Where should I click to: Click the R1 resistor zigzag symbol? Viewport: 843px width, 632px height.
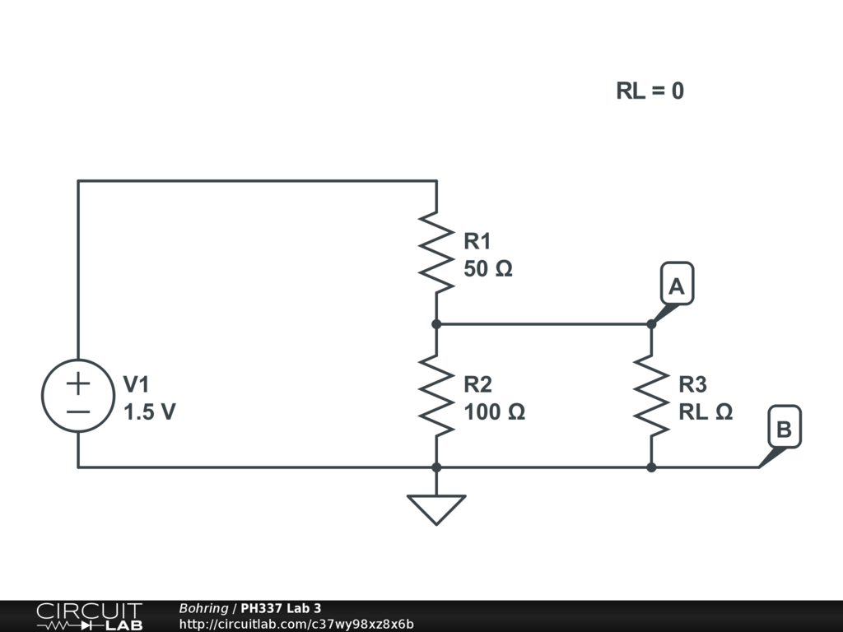coord(436,253)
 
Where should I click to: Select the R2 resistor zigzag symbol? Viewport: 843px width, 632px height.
coord(436,396)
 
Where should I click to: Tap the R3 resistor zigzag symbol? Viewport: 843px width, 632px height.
coord(652,396)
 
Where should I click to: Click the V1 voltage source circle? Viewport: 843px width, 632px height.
coord(78,396)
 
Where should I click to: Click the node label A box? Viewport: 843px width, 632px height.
coord(677,284)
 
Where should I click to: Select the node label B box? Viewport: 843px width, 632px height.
coord(785,427)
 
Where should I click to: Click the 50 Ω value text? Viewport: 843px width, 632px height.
coord(488,269)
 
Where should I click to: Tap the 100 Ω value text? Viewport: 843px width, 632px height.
coord(494,412)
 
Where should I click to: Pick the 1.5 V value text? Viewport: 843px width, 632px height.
coord(150,412)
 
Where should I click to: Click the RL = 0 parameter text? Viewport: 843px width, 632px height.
coord(650,91)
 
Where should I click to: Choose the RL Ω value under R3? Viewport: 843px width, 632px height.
coord(706,412)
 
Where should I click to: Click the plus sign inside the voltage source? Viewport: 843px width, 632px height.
coord(78,383)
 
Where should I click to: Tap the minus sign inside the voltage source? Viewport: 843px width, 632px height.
coord(78,412)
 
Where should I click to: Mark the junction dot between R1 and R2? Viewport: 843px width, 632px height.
coord(436,324)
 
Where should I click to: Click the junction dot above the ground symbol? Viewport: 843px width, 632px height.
coord(436,467)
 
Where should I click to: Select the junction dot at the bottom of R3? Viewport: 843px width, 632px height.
coord(652,467)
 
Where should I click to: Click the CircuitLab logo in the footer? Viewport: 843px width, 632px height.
coord(89,616)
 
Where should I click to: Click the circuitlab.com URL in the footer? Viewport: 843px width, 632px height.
coord(296,624)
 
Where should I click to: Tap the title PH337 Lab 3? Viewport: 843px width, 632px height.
coord(281,608)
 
